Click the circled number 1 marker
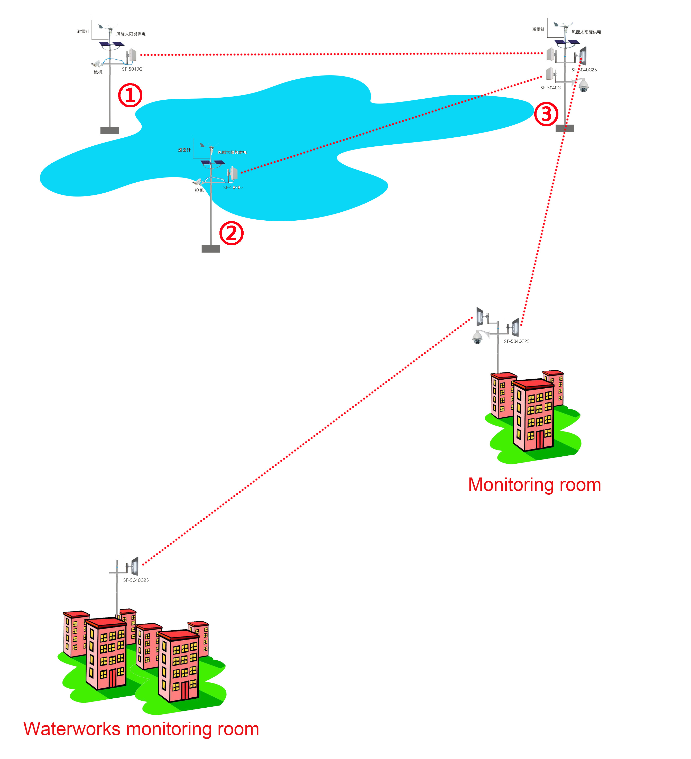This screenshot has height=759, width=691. (x=130, y=95)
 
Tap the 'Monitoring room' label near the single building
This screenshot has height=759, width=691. (x=534, y=485)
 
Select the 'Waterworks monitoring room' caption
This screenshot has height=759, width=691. (x=141, y=729)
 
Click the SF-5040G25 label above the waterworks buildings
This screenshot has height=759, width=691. (x=136, y=580)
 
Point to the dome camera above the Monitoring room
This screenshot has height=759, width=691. (x=477, y=337)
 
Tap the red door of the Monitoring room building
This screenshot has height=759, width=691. (x=540, y=440)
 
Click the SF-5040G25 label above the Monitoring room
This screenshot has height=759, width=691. (x=517, y=341)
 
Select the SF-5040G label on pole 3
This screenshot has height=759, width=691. (x=550, y=88)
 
